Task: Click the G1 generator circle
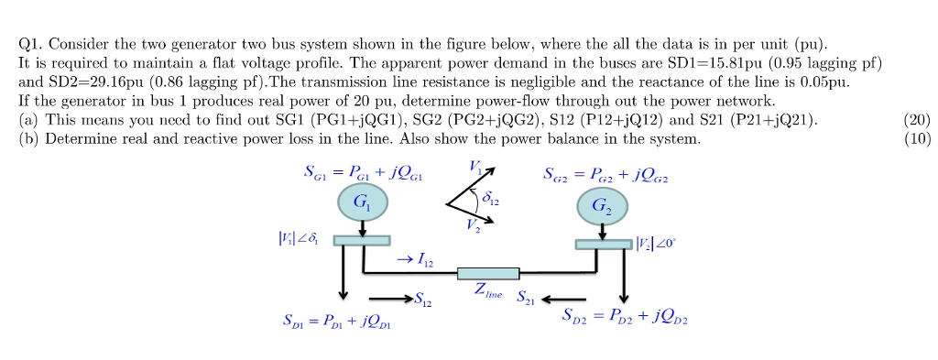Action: tap(364, 206)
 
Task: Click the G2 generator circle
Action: tap(601, 208)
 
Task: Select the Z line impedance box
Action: tap(488, 273)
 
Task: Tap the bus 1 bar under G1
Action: tap(361, 240)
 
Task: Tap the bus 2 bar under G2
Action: tap(604, 244)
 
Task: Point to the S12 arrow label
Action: tap(424, 300)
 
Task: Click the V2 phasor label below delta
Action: tap(473, 230)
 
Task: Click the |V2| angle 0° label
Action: tap(660, 243)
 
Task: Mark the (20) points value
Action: tap(916, 121)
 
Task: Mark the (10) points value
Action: tap(916, 139)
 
